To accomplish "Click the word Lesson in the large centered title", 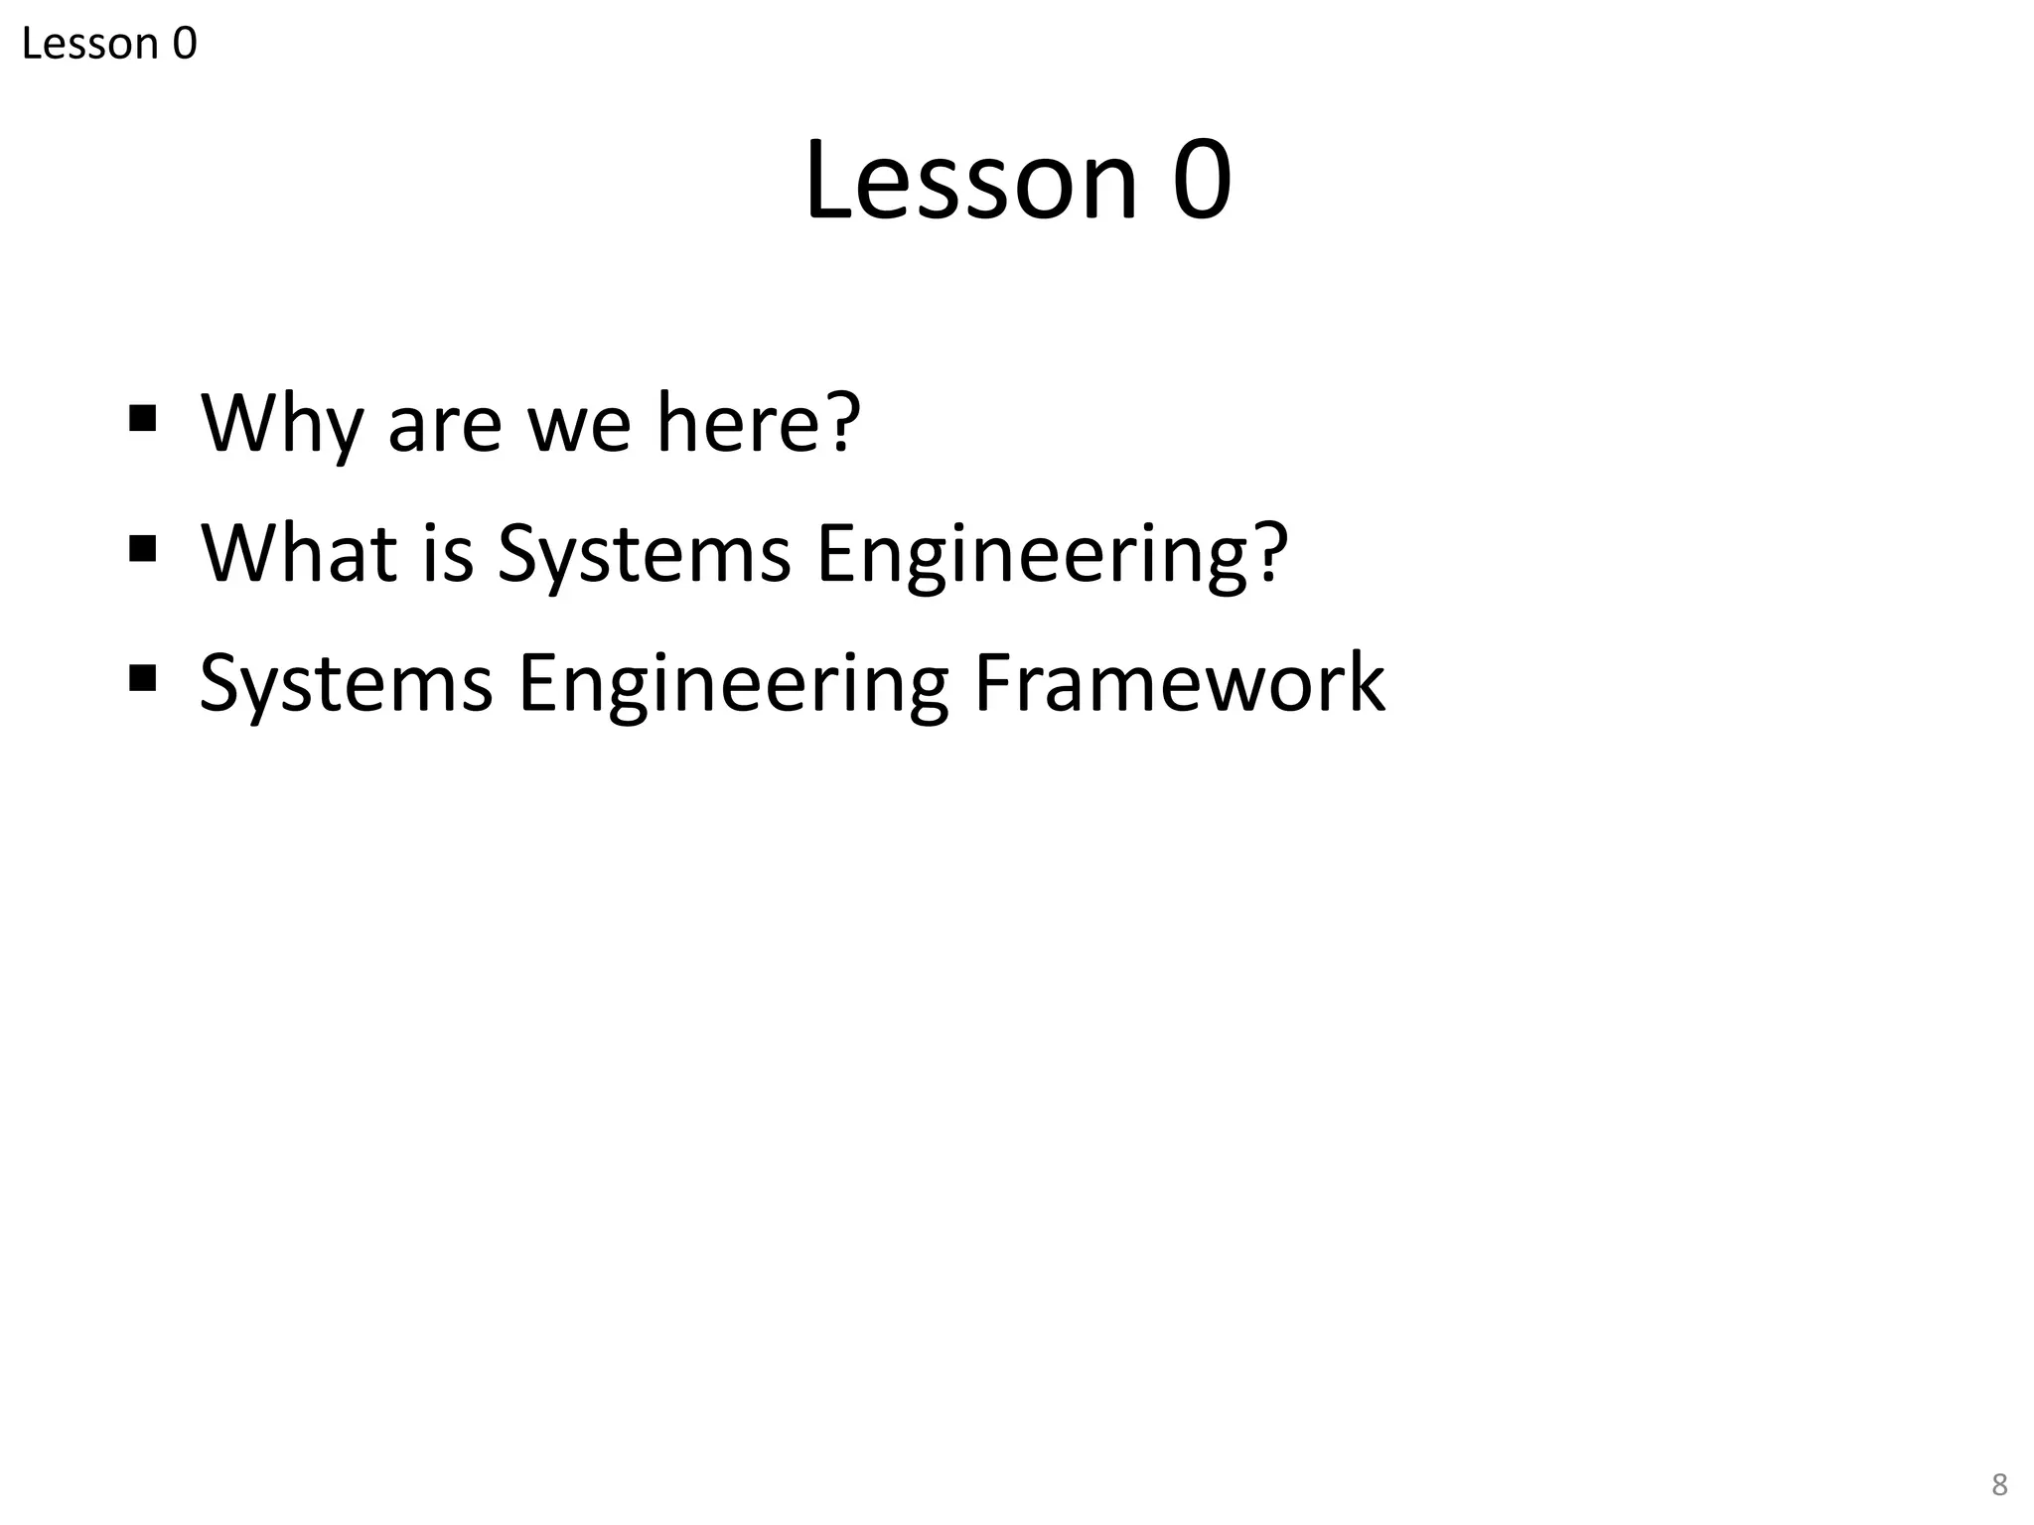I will click(x=970, y=181).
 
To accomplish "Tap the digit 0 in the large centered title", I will click(x=1202, y=181).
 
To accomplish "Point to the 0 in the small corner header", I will click(x=185, y=44).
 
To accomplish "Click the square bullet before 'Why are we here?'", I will click(x=143, y=418).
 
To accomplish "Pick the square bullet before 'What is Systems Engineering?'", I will click(x=143, y=548).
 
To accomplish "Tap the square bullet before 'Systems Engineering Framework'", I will click(x=143, y=678).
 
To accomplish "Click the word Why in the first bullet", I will click(x=281, y=424).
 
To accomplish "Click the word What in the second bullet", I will click(x=299, y=552).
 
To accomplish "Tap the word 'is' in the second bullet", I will click(x=448, y=552).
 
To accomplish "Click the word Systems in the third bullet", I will click(x=346, y=684).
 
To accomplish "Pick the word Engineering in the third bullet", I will click(x=733, y=684).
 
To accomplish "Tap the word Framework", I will click(x=1179, y=682).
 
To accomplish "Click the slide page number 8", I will click(x=1999, y=1485).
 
